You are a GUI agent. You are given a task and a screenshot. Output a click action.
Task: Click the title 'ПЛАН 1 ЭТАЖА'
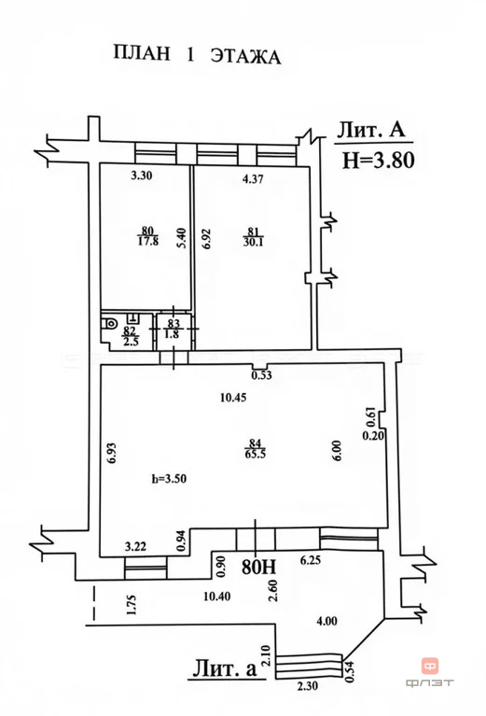(197, 55)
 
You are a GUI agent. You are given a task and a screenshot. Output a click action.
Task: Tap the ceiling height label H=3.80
(379, 161)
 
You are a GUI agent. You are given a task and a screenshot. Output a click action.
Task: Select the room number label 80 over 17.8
(147, 235)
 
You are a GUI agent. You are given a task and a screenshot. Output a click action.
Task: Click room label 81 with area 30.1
(254, 237)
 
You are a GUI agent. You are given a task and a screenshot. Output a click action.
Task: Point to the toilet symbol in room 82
(109, 323)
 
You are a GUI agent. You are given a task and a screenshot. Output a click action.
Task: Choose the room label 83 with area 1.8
(174, 328)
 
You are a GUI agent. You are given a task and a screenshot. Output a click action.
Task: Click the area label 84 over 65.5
(255, 448)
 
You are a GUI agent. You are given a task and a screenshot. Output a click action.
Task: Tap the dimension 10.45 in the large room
(233, 398)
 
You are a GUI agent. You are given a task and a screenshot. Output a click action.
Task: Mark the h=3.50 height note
(169, 479)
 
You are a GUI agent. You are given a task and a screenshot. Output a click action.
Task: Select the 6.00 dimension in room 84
(338, 450)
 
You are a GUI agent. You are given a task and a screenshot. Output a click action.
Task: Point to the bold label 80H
(258, 567)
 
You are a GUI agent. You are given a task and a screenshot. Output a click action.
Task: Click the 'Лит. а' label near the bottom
(225, 668)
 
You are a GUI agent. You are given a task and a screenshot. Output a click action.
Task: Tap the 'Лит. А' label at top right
(371, 130)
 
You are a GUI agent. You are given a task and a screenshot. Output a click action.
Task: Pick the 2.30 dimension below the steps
(309, 685)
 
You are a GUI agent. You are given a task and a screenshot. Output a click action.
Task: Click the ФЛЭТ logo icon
(430, 667)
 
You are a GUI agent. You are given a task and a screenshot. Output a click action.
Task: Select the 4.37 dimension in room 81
(253, 179)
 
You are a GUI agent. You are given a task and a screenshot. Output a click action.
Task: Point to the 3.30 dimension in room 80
(142, 175)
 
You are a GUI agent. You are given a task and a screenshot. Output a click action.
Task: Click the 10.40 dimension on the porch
(216, 596)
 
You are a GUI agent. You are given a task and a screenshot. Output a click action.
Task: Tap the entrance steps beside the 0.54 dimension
(309, 666)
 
